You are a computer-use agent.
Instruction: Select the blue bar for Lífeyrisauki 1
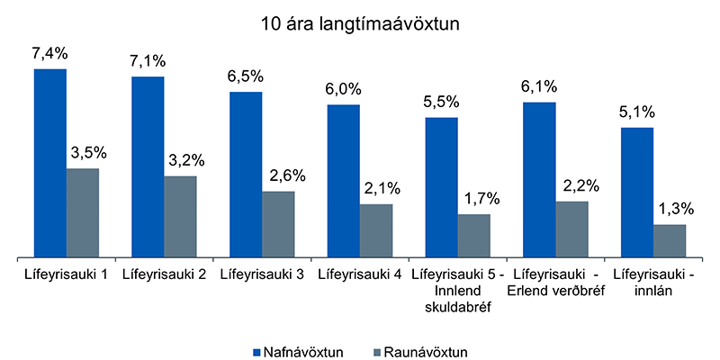[x=50, y=162]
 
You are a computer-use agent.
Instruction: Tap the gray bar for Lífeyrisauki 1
[x=83, y=212]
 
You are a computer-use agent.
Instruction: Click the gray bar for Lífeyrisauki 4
[x=376, y=229]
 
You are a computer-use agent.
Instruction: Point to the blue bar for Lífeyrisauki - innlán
[x=637, y=192]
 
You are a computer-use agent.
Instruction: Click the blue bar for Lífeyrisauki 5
[x=441, y=186]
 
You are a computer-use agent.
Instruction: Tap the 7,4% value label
[x=49, y=55]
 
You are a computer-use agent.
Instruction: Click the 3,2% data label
[x=181, y=161]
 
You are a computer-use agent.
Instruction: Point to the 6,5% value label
[x=246, y=77]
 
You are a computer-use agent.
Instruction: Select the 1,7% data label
[x=474, y=199]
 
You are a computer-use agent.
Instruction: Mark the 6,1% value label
[x=539, y=87]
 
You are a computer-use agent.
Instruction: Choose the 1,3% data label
[x=670, y=210]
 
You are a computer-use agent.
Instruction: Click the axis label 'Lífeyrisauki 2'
[x=164, y=274]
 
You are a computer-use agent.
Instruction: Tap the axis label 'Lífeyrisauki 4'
[x=359, y=274]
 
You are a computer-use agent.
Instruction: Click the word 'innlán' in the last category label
[x=652, y=289]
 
